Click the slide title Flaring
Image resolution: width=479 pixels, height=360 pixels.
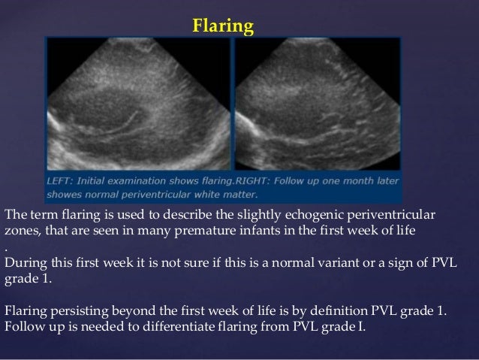[x=223, y=28]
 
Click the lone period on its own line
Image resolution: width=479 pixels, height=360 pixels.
[x=6, y=247]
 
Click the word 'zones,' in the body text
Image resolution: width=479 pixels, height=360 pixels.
[x=23, y=231]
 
